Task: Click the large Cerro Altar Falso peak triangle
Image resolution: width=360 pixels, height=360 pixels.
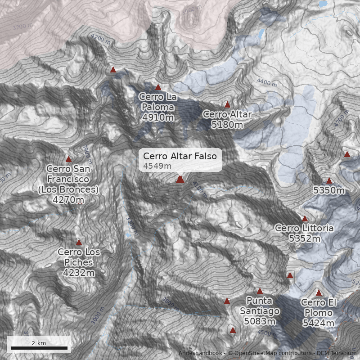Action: (180, 180)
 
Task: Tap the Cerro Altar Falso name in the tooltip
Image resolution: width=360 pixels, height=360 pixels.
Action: (180, 156)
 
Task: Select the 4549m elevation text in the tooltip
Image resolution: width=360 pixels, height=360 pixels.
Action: (157, 166)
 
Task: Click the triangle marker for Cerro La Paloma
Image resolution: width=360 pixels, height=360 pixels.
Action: (158, 87)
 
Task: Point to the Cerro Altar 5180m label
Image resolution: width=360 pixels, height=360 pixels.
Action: (227, 119)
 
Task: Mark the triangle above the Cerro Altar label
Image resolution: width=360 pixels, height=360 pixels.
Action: (227, 104)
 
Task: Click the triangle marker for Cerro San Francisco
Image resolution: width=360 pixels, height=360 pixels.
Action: (69, 159)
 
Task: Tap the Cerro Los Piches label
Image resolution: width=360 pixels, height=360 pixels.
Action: (79, 262)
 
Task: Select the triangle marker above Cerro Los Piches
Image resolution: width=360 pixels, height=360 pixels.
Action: (79, 243)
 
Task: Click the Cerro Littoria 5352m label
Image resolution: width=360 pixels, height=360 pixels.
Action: (304, 233)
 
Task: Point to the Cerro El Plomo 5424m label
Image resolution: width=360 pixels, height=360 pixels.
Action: (318, 313)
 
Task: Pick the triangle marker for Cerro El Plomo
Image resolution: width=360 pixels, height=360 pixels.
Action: (319, 293)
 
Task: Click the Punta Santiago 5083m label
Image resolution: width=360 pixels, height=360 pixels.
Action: (260, 310)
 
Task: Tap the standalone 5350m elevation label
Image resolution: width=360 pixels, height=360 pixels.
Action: (329, 191)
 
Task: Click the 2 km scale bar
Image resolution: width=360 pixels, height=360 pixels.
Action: (39, 347)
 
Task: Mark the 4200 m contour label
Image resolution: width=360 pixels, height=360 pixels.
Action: (100, 39)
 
